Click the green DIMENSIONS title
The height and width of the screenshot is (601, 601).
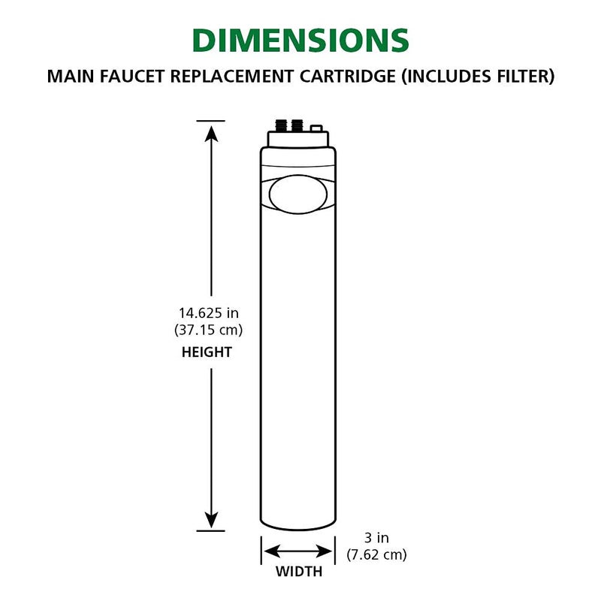pyautogui.click(x=300, y=41)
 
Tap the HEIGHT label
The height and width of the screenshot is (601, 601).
pyautogui.click(x=207, y=352)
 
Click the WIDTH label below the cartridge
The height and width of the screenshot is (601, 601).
pyautogui.click(x=298, y=572)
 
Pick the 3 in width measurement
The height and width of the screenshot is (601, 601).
pyautogui.click(x=376, y=538)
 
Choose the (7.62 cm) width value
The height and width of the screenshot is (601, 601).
pyautogui.click(x=376, y=556)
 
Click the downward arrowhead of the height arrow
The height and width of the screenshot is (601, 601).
pyautogui.click(x=211, y=518)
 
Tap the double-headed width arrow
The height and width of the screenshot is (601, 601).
pyautogui.click(x=298, y=550)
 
